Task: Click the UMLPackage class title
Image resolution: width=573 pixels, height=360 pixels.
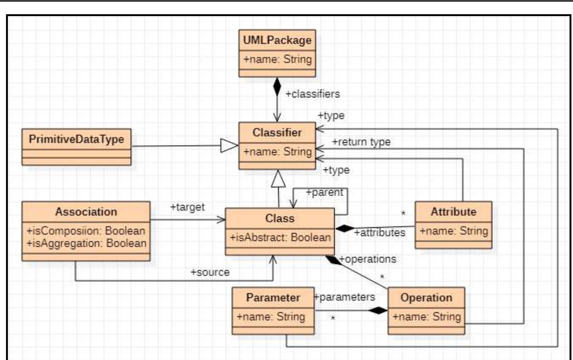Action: click(277, 40)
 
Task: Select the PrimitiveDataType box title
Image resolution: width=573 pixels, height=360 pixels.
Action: click(76, 139)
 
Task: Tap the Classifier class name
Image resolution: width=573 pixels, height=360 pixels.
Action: click(277, 133)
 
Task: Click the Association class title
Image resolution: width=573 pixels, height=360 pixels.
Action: click(86, 212)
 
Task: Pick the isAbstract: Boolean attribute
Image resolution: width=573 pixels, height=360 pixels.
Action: click(280, 237)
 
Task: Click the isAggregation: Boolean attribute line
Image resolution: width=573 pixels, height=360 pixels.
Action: click(86, 243)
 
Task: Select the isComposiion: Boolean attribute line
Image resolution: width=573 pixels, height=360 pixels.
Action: click(86, 231)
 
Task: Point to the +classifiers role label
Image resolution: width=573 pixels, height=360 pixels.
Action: click(313, 94)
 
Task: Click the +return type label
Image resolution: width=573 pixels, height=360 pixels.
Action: click(361, 142)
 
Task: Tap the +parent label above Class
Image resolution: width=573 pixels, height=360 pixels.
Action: click(324, 192)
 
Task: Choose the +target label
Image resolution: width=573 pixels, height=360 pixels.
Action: click(187, 207)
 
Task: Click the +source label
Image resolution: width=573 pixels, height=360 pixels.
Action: click(210, 272)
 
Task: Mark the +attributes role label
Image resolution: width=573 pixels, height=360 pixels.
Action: click(380, 233)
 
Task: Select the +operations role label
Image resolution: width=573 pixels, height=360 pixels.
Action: click(368, 259)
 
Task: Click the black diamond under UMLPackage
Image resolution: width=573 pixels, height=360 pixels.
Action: click(277, 87)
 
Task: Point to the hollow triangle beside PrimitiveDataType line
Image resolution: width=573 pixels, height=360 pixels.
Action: click(229, 146)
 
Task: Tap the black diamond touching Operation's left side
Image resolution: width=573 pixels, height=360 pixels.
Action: click(378, 310)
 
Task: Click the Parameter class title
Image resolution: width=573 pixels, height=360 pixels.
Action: click(273, 298)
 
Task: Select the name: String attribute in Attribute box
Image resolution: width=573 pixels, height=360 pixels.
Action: click(454, 231)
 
